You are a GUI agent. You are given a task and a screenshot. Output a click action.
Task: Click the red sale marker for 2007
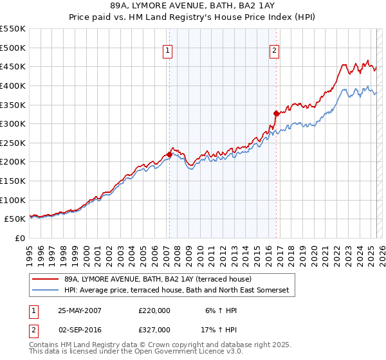click(x=169, y=154)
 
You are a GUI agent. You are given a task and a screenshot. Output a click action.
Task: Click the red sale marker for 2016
click(x=276, y=113)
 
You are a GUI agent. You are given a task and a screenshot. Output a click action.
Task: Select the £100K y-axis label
click(x=14, y=200)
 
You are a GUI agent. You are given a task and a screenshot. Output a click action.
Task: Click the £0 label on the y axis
click(x=21, y=238)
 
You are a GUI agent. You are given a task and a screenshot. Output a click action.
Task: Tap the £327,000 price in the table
click(x=154, y=330)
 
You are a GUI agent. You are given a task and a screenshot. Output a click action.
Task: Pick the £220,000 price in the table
click(x=154, y=310)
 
